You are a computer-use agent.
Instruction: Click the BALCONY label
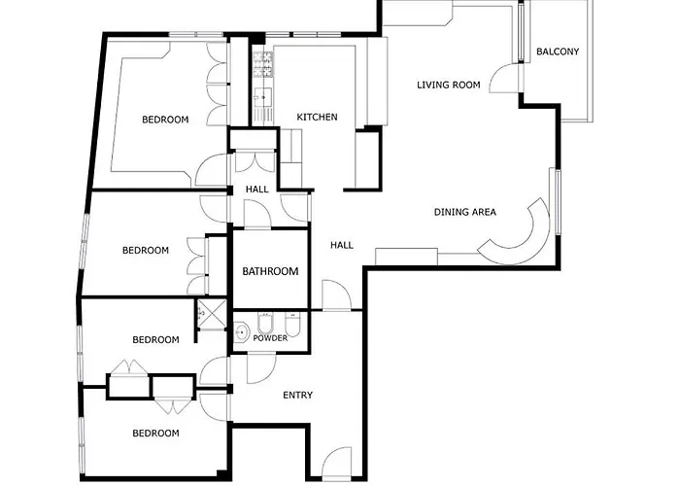point(558,52)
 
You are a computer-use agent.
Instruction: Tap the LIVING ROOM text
point(449,86)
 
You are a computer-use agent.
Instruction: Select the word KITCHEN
point(317,118)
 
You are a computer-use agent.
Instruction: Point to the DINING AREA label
point(465,212)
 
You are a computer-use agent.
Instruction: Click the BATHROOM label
point(270,271)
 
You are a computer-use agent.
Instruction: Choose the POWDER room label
point(270,338)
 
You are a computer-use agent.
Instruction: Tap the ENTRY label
point(297,396)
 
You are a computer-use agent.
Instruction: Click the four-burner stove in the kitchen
point(263,65)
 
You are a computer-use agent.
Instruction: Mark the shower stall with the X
point(212,313)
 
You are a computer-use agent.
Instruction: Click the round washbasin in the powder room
point(241,332)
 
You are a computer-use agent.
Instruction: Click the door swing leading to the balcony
point(504,78)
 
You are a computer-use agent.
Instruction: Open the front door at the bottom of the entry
point(336,464)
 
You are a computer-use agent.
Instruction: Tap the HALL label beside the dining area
point(342,246)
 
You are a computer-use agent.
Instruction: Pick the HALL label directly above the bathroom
point(256,190)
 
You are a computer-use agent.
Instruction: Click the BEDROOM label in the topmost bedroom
point(165,120)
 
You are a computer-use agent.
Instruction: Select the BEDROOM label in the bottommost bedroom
point(155,434)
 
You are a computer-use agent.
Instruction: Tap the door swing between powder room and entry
point(261,368)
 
